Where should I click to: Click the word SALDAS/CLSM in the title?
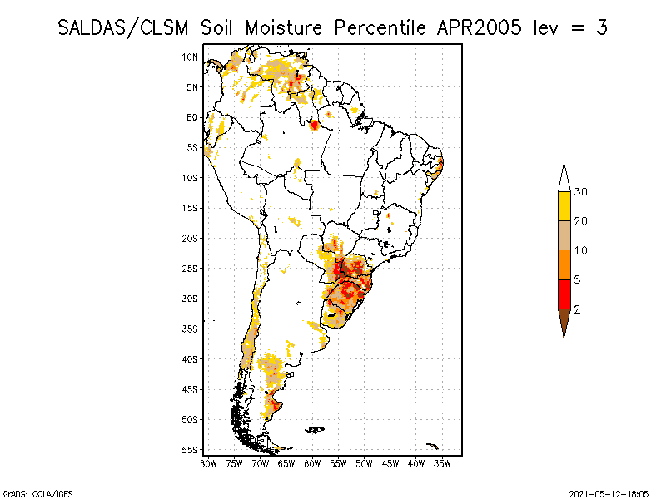point(125,27)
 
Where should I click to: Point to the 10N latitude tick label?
point(191,57)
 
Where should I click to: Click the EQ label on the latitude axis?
point(192,117)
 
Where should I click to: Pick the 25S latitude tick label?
point(191,269)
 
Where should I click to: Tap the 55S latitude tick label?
point(191,450)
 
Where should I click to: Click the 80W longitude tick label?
point(208,463)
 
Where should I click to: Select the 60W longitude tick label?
point(312,463)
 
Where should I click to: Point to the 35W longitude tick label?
point(442,463)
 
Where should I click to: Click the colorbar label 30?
point(581,192)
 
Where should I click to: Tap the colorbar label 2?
point(578,309)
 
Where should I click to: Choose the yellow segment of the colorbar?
point(564,206)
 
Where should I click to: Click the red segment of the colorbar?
point(564,294)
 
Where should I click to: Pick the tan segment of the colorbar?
point(564,236)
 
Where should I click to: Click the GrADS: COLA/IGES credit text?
point(30,492)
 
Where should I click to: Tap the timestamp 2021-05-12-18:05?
point(608,492)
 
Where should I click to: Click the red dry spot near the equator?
point(315,126)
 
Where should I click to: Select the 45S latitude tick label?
point(191,389)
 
